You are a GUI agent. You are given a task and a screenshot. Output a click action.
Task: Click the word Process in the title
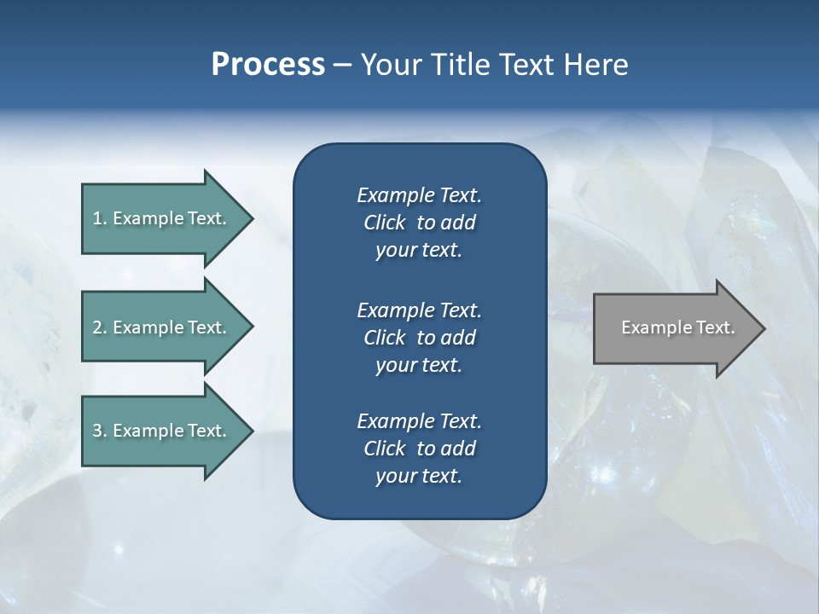268,65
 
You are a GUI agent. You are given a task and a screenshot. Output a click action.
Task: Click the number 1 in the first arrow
97,218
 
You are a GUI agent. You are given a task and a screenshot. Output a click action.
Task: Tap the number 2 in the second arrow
97,327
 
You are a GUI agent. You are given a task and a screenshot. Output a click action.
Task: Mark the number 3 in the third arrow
97,431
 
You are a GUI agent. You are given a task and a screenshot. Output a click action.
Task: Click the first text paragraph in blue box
419,223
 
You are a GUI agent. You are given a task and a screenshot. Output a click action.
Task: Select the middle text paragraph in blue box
419,338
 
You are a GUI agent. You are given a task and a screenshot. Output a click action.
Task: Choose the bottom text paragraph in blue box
419,449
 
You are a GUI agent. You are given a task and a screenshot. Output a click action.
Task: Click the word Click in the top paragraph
384,223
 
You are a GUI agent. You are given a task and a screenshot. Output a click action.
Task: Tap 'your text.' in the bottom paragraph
419,476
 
